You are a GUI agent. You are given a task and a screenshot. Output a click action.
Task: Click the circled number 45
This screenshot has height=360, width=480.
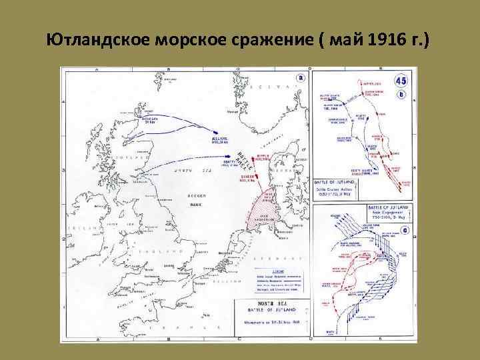click(401, 81)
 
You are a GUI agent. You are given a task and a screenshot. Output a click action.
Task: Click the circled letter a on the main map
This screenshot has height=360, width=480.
click(301, 77)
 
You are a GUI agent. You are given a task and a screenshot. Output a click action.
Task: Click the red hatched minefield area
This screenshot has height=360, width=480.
click(257, 211)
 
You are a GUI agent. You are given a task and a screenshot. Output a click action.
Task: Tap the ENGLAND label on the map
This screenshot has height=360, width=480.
click(170, 251)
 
